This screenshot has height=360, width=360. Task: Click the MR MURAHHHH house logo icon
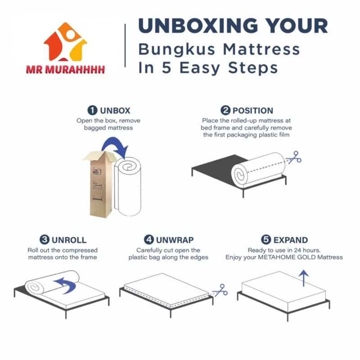[65, 42]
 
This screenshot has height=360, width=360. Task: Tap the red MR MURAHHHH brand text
[65, 70]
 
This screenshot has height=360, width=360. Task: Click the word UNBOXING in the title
[198, 26]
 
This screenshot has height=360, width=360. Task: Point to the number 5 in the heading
[166, 68]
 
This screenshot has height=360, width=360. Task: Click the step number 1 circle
[93, 110]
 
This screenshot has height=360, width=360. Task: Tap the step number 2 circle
[225, 110]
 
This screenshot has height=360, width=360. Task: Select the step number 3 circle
[45, 240]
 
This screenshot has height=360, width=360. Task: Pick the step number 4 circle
[149, 240]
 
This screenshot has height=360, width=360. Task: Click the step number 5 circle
[266, 240]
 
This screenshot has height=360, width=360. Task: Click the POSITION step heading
[253, 111]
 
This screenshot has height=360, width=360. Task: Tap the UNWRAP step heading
[175, 240]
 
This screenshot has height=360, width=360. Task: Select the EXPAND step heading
[291, 240]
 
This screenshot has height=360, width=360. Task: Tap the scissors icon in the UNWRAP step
[220, 290]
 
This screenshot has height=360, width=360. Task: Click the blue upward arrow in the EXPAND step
[304, 278]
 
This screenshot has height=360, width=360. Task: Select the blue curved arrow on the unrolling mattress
[65, 285]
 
